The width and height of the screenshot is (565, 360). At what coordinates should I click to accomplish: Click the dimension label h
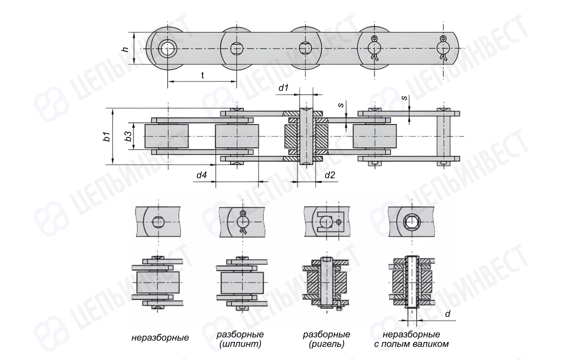pyautogui.click(x=125, y=49)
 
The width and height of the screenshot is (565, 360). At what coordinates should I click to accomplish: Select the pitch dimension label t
pyautogui.click(x=202, y=75)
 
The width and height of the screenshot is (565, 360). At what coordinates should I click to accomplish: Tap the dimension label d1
pyautogui.click(x=283, y=87)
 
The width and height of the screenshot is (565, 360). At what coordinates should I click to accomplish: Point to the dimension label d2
pyautogui.click(x=329, y=175)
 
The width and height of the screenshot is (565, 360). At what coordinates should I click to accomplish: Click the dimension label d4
pyautogui.click(x=201, y=175)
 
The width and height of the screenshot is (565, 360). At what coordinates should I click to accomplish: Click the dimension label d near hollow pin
pyautogui.click(x=447, y=314)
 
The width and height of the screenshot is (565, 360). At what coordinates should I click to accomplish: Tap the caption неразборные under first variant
pyautogui.click(x=160, y=338)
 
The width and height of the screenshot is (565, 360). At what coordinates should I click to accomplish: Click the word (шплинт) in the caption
pyautogui.click(x=240, y=344)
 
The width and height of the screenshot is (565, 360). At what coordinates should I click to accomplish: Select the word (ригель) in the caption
pyautogui.click(x=326, y=344)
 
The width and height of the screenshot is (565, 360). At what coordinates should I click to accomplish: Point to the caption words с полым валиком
pyautogui.click(x=411, y=344)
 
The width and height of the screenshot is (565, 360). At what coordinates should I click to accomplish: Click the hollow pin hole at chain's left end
pyautogui.click(x=167, y=48)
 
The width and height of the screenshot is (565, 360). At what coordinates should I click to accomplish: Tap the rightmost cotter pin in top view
pyautogui.click(x=442, y=48)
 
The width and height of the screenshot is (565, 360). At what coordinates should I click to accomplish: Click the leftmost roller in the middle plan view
pyautogui.click(x=166, y=136)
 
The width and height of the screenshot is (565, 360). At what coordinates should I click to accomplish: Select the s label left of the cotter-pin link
pyautogui.click(x=340, y=105)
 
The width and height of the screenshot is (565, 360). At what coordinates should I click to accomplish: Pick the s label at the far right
pyautogui.click(x=404, y=98)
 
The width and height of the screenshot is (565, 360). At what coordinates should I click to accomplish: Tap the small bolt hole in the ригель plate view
pyautogui.click(x=338, y=222)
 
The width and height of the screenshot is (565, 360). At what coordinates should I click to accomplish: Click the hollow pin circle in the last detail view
pyautogui.click(x=411, y=222)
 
